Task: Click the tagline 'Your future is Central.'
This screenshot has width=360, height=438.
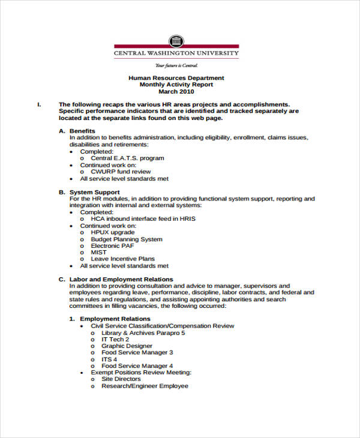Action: [176, 65]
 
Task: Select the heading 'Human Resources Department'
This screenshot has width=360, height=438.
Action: [176, 78]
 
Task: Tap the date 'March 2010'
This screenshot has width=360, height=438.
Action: [176, 92]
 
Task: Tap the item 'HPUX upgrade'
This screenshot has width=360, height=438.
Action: [113, 232]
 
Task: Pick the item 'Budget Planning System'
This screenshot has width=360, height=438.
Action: [127, 239]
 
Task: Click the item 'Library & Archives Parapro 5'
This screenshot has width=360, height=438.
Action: [143, 332]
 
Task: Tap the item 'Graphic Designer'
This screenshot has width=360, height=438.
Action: [127, 346]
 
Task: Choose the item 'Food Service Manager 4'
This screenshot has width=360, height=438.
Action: [137, 365]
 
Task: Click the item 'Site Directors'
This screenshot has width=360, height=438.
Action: [121, 379]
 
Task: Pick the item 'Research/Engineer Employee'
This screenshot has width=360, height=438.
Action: [145, 386]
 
